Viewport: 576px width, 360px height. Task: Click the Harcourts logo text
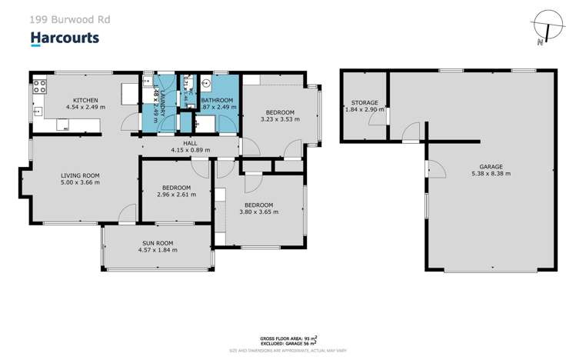[x=64, y=38]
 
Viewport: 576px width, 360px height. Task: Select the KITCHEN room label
[x=85, y=100]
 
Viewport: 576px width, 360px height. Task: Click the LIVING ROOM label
[x=81, y=176]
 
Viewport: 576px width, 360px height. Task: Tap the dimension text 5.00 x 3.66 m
[x=81, y=184]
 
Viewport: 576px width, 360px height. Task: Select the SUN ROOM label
[x=157, y=242]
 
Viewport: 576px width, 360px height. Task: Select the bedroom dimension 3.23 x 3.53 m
[x=279, y=118]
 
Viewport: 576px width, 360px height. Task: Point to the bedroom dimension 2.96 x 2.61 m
[x=177, y=195]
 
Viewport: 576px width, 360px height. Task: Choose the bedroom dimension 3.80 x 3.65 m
[x=258, y=212]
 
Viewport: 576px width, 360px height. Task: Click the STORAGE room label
[x=364, y=102]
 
